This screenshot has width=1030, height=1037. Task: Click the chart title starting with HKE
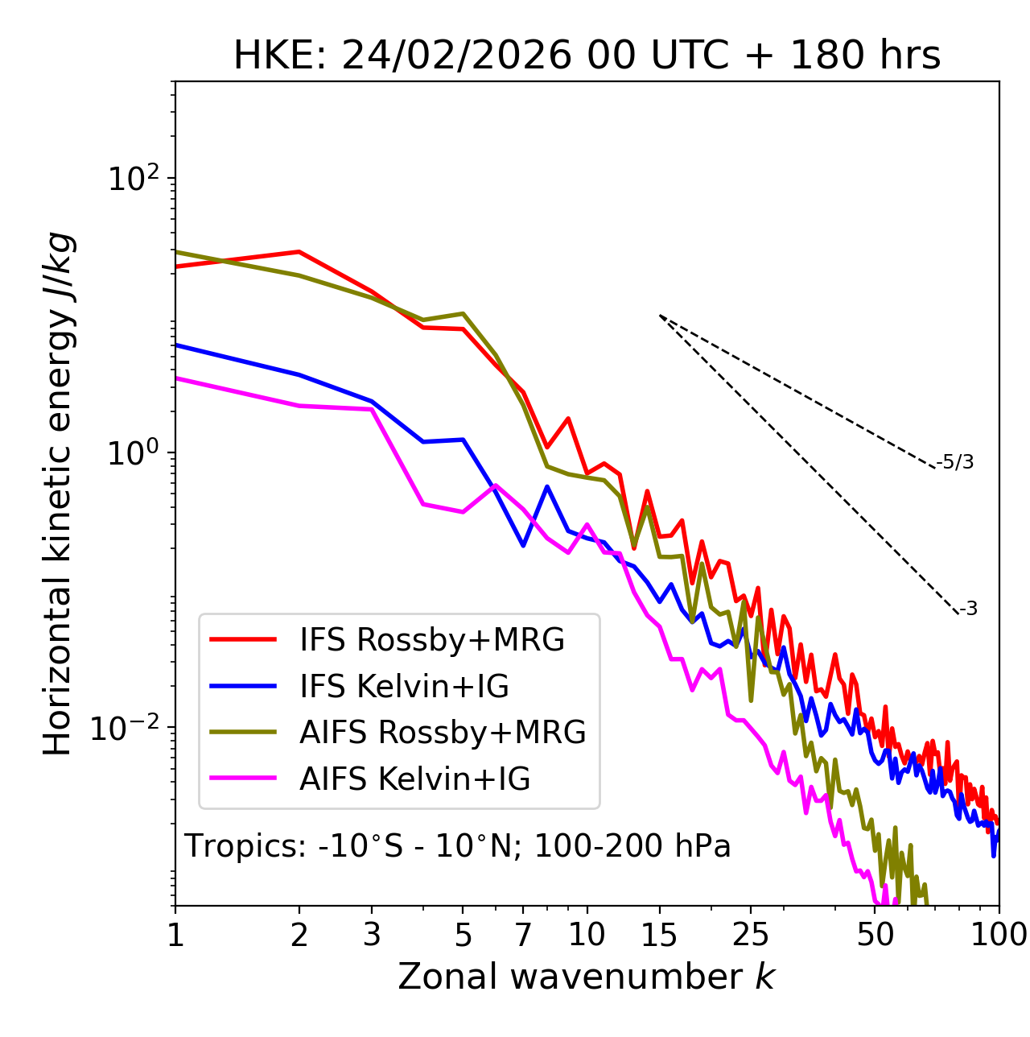pos(587,56)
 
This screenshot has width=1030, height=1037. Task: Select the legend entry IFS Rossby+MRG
pos(431,640)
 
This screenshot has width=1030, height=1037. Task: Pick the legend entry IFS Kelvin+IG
pos(404,687)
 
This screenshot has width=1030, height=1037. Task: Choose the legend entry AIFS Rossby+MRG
pos(443,733)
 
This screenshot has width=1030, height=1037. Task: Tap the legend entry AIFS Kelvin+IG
pos(414,779)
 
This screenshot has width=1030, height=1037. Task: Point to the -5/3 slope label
pos(955,462)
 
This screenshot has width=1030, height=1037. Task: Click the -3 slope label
pos(968,609)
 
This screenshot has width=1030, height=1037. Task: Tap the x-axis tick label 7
pos(523,935)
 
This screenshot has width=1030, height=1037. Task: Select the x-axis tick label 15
pos(659,935)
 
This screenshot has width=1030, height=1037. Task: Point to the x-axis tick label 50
pos(875,935)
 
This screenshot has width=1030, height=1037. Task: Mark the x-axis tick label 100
pos(999,935)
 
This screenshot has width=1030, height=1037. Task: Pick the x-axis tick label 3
pos(372,935)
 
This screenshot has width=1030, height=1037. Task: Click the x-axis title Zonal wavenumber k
pos(587,977)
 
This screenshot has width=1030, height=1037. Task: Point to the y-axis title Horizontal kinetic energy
pos(58,494)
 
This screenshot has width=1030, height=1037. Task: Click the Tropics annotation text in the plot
pos(457,846)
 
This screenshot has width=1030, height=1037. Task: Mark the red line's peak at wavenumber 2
pos(299,252)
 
